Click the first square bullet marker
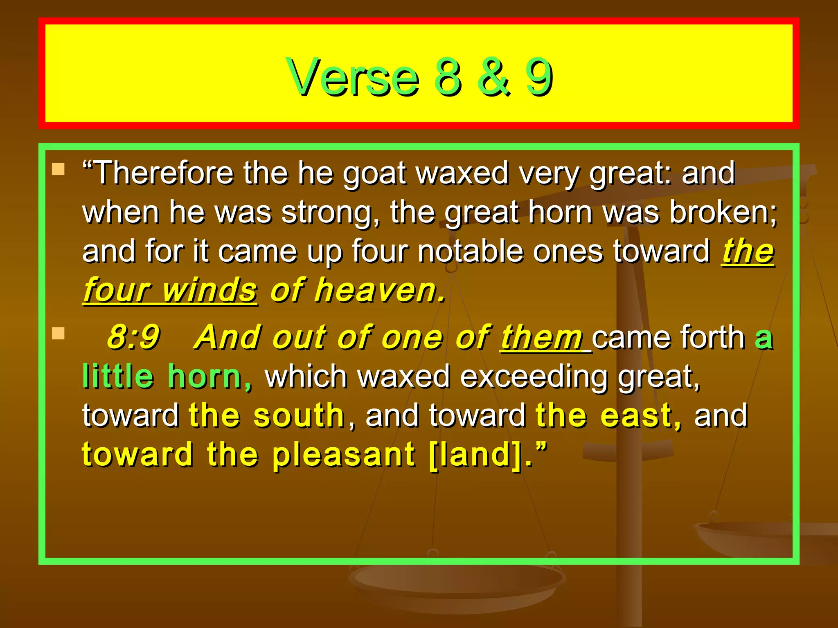tap(59, 169)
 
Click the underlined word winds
tap(209, 290)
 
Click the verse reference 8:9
tap(133, 337)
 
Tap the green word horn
tap(209, 376)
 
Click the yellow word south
tap(299, 415)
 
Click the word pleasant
tap(343, 455)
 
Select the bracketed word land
tap(476, 455)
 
